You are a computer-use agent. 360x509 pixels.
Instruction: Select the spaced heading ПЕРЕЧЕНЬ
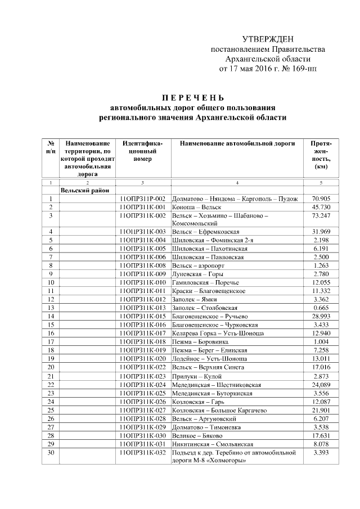click(192, 97)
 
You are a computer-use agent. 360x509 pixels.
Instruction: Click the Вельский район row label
click(85, 191)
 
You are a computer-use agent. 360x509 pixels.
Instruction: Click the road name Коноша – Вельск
click(196, 208)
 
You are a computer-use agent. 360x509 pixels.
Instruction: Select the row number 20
click(51, 367)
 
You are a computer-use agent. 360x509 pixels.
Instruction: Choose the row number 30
click(51, 452)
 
